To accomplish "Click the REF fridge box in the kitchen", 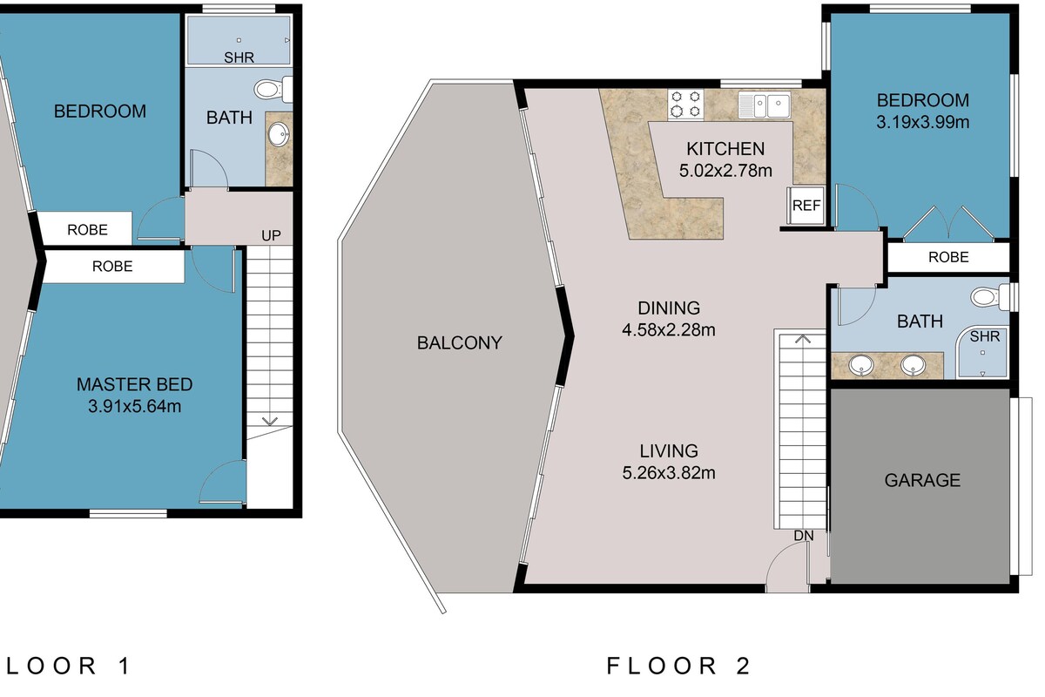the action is pos(806,206).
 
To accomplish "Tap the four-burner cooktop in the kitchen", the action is pos(686,105).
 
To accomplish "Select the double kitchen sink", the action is pos(765,105).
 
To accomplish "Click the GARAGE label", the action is pos(922,480).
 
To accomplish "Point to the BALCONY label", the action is pos(460,342).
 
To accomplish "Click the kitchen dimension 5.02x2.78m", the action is pos(725,171).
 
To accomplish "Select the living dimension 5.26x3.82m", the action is pos(669,473).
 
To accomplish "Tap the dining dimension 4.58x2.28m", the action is pos(669,329).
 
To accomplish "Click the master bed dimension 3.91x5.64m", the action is pos(134,406).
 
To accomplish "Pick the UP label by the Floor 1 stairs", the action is pos(271,236).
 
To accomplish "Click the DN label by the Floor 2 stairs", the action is pos(804,536).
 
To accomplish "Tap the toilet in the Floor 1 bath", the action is pos(273,89).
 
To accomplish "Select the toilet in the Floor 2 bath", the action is pos(990,296).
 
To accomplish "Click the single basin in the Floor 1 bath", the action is pos(279,134).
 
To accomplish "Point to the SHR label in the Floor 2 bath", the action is pos(984,336).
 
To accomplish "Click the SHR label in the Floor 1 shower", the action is pos(239,58).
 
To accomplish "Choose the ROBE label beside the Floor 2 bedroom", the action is pos(948,257).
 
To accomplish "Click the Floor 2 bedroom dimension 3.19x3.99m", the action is pos(923,122).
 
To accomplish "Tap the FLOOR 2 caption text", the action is pos(678,666).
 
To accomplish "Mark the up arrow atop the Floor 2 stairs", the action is pos(802,340).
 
